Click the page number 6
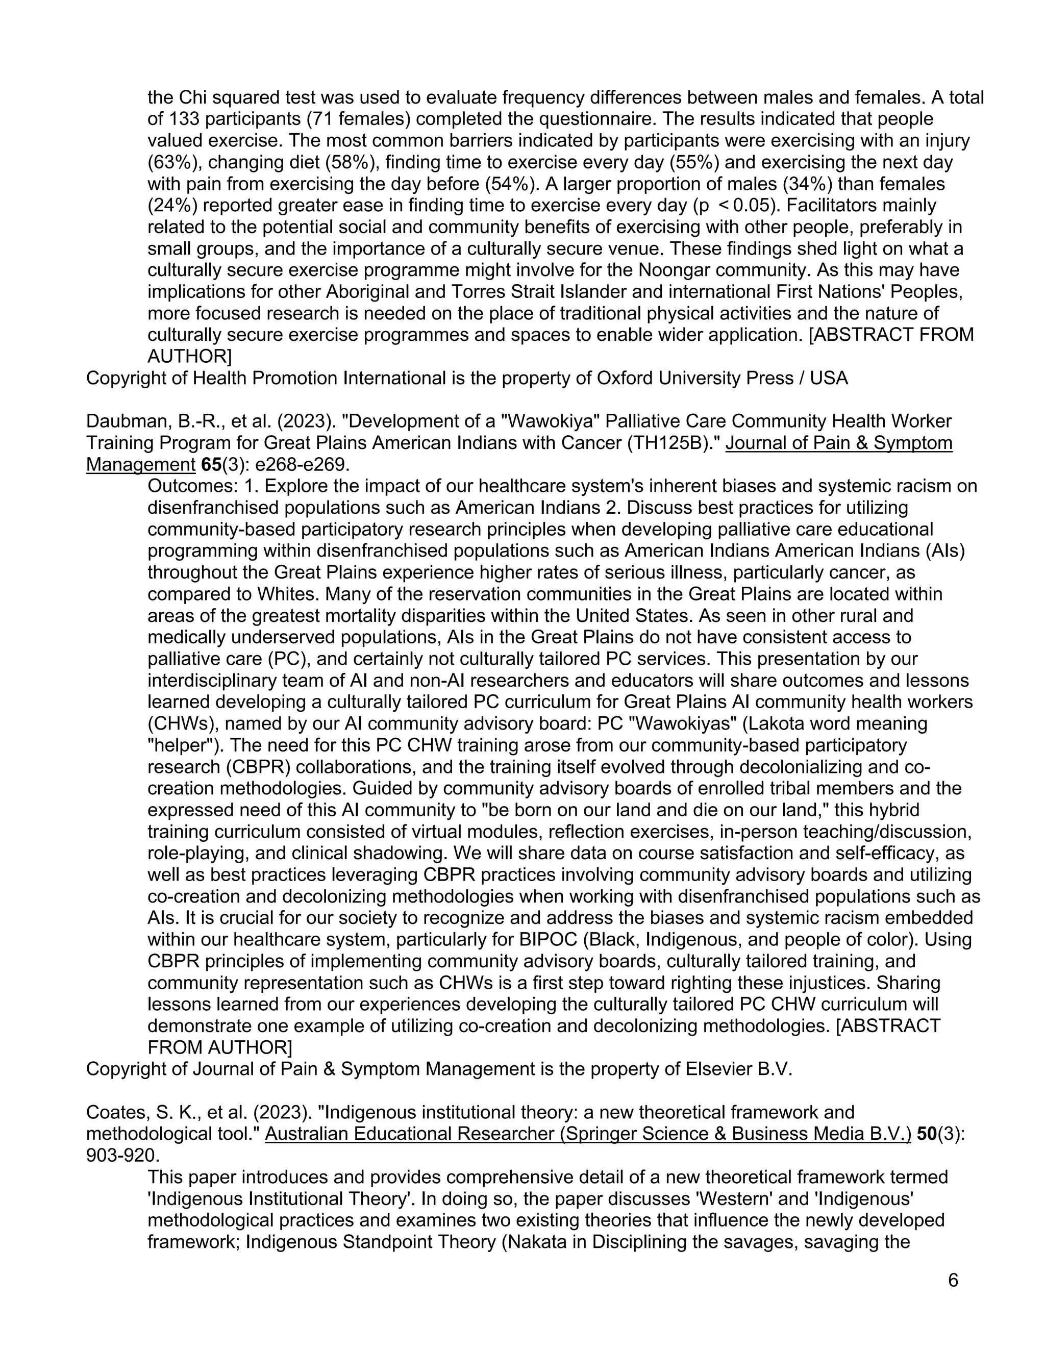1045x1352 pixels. (x=953, y=1280)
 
